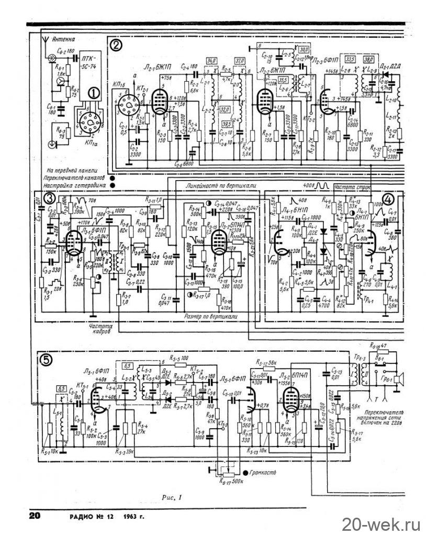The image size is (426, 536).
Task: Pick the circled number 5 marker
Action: pyautogui.click(x=47, y=359)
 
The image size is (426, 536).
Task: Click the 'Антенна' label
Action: pyautogui.click(x=64, y=39)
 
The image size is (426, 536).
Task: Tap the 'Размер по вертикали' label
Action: pyautogui.click(x=212, y=317)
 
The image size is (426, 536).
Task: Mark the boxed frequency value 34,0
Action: pyautogui.click(x=212, y=61)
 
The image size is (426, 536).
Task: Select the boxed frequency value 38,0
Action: pyautogui.click(x=368, y=59)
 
